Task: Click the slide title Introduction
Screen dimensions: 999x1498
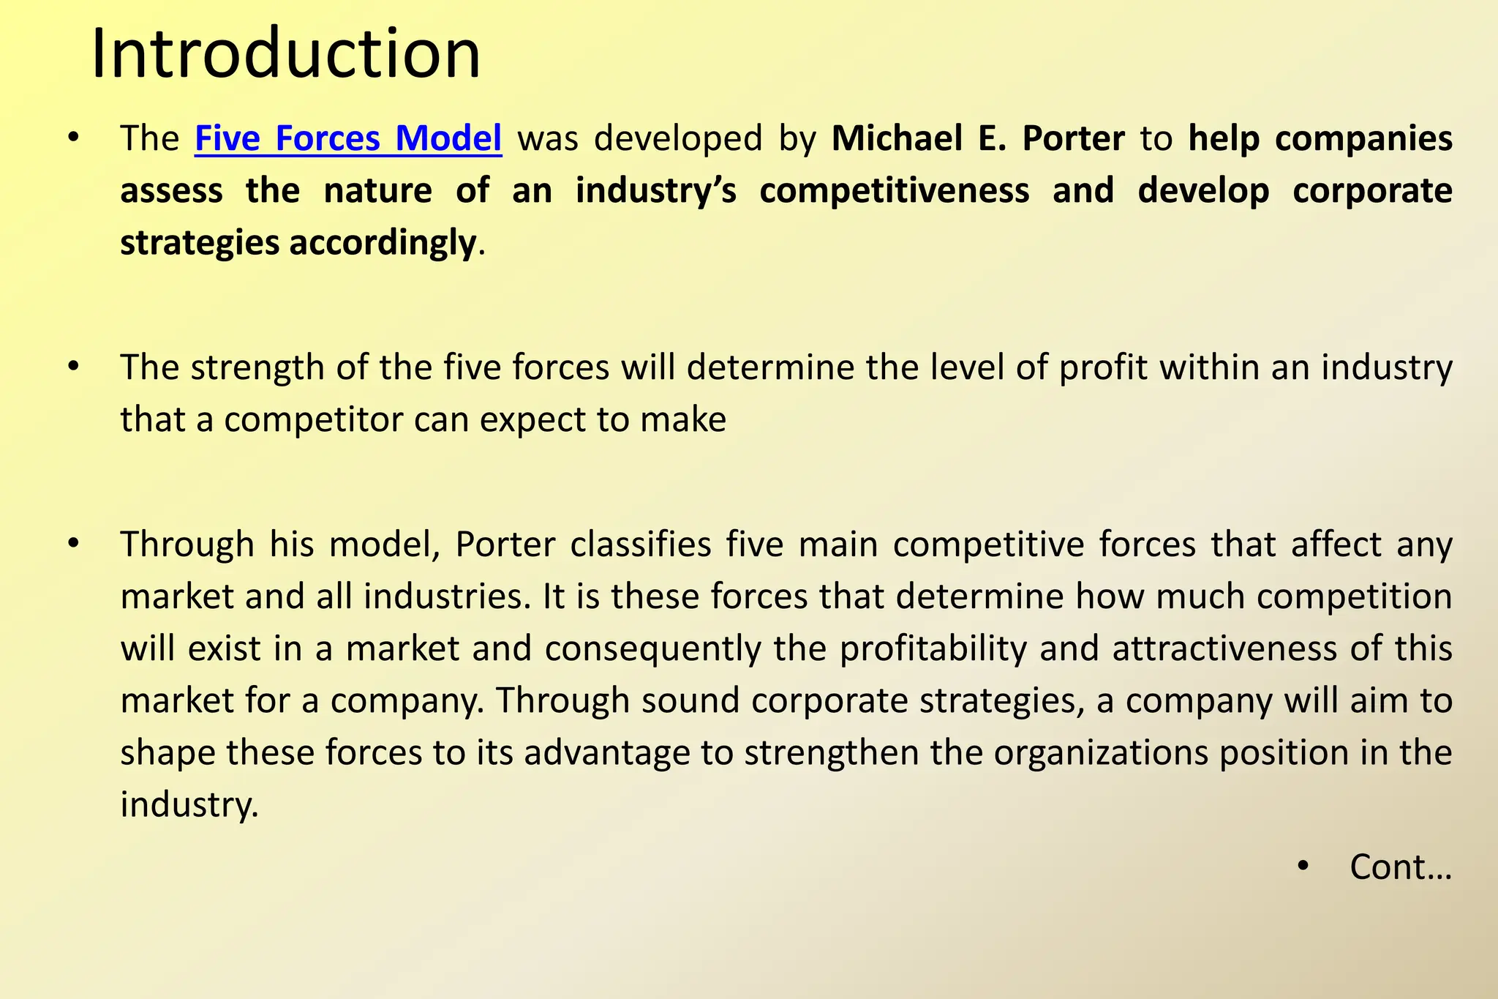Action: point(285,54)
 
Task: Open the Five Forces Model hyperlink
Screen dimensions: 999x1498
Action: point(348,138)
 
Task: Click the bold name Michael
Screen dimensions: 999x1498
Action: point(897,138)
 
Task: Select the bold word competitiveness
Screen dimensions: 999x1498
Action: point(894,191)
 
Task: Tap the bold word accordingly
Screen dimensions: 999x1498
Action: point(383,243)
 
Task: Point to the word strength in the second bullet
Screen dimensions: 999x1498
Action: point(257,368)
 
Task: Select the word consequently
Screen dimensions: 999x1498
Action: point(652,649)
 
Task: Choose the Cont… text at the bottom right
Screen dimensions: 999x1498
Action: point(1400,868)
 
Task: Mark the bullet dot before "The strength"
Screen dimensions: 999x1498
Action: point(72,367)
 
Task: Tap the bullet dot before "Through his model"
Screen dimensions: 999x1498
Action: point(72,544)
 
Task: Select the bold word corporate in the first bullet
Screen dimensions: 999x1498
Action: point(1371,191)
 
